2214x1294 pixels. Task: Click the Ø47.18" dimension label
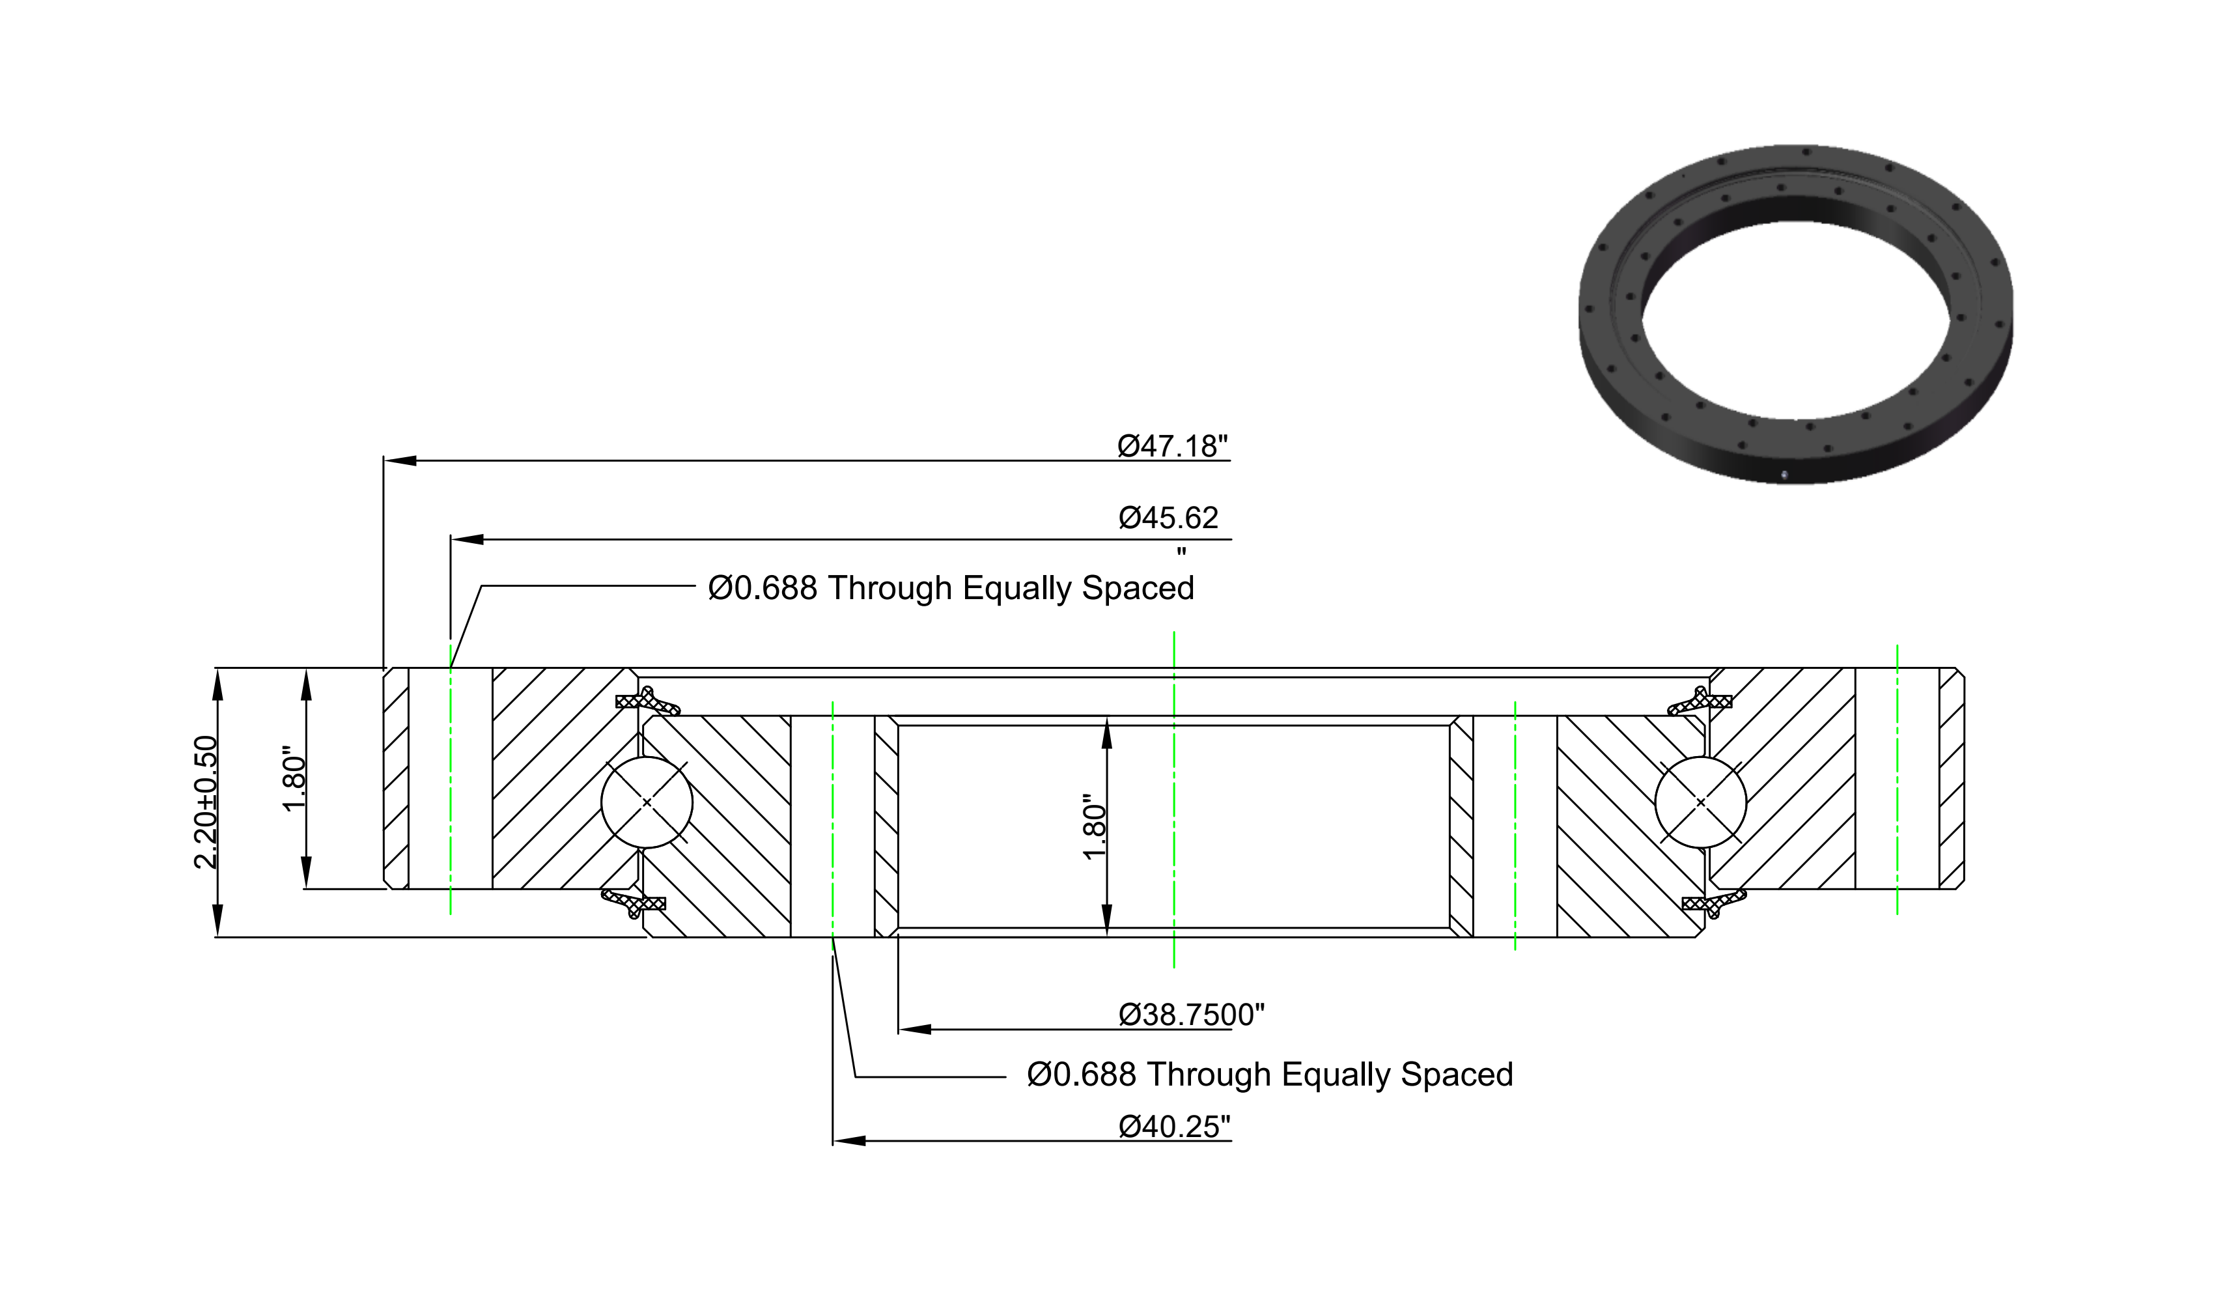pos(1172,446)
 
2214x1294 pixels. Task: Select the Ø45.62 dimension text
pos(1168,518)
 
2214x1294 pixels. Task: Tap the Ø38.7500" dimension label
pos(1192,1015)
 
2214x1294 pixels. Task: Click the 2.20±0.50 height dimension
pos(206,802)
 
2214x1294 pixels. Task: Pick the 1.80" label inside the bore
pos(1094,828)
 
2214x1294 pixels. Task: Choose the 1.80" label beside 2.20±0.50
pos(294,780)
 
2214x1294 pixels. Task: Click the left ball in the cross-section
pos(647,802)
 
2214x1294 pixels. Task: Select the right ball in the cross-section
pos(1700,802)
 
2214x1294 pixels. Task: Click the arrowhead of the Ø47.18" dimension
pos(400,460)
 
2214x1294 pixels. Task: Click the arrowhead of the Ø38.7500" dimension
pos(916,1030)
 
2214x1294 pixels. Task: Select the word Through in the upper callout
pos(890,587)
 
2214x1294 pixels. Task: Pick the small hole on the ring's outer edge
pos(1784,475)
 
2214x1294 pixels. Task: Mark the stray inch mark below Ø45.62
pos(1182,552)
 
